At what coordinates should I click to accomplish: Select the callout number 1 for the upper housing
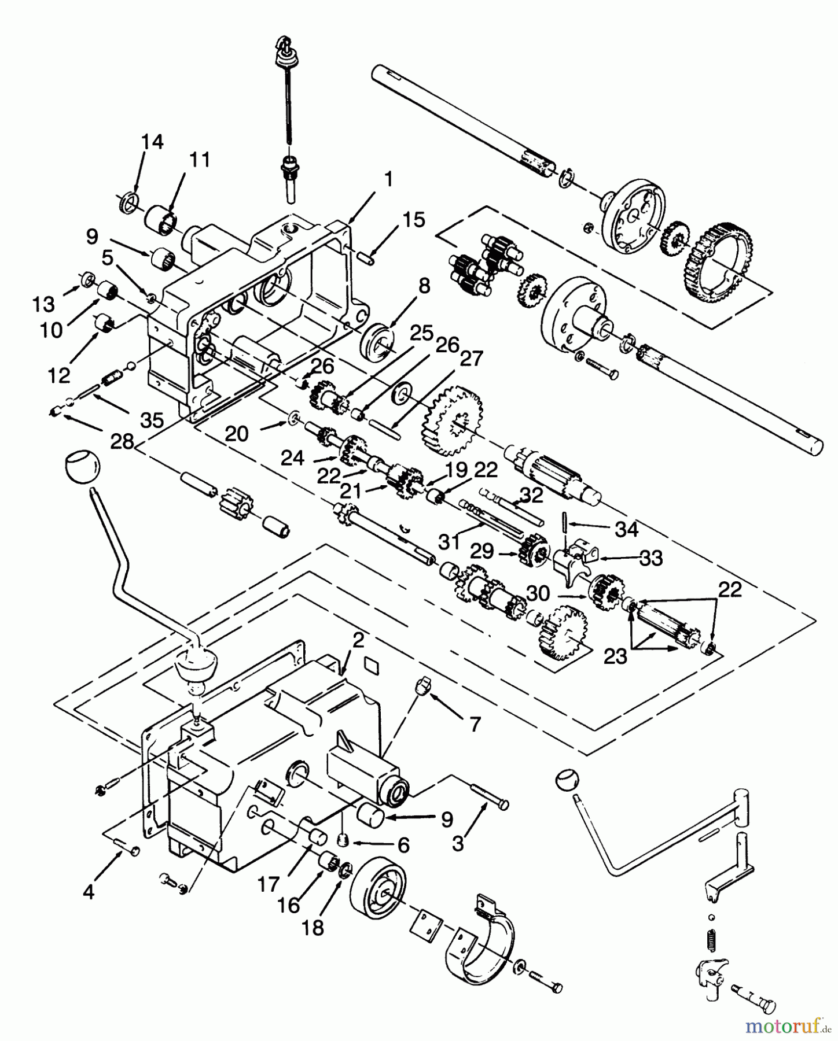(388, 179)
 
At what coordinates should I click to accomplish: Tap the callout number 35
(152, 420)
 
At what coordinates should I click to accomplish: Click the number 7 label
(475, 724)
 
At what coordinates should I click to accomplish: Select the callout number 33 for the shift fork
(650, 558)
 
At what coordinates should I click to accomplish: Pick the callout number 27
(471, 359)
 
